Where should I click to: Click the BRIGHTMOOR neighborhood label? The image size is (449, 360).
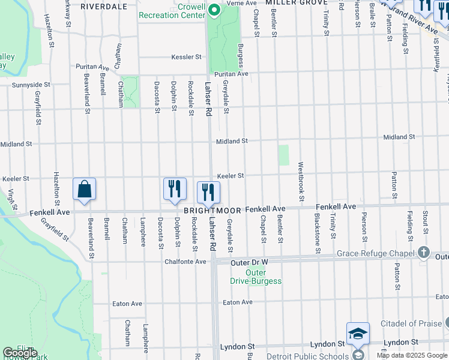coord(212,211)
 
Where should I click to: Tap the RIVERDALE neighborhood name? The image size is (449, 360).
coord(103,7)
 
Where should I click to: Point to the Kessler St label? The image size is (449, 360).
coord(185,57)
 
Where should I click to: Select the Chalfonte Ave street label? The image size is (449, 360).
coord(185,262)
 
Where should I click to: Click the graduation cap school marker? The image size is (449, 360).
coord(358,334)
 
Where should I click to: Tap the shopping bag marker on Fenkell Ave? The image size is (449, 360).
coord(85,189)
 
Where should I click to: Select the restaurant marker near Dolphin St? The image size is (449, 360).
coord(175,189)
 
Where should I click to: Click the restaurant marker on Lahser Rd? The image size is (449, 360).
coord(208,193)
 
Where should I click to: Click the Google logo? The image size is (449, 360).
coord(20,353)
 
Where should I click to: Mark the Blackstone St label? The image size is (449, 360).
coord(318,235)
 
